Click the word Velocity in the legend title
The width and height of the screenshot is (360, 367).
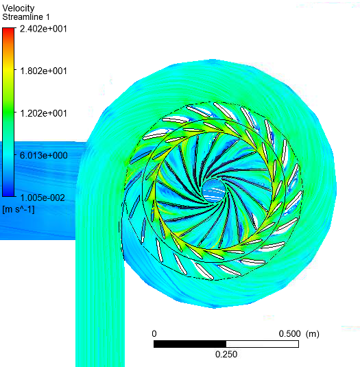(x=19, y=8)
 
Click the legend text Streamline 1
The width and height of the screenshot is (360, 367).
(x=26, y=17)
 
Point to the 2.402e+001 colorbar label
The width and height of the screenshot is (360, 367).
(x=43, y=29)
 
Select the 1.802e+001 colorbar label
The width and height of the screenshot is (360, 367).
(x=43, y=71)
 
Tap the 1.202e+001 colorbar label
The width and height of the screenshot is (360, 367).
(x=43, y=113)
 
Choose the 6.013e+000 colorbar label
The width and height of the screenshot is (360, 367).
(x=43, y=156)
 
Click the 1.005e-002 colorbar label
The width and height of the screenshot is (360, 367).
(x=43, y=198)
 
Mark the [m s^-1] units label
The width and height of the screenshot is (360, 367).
(x=19, y=209)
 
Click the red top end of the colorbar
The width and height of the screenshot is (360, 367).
(x=8, y=30)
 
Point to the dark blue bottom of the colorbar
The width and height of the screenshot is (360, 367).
(x=8, y=193)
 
